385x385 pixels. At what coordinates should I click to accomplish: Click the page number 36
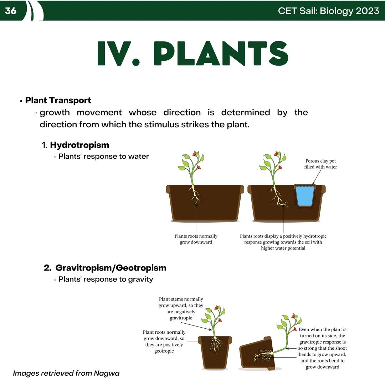pos(11,11)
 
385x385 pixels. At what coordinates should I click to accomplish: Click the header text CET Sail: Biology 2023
pos(329,11)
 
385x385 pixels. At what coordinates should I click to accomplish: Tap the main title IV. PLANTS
pos(193,53)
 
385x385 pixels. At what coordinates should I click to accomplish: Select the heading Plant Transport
pos(58,100)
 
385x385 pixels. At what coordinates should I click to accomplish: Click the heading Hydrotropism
pos(79,145)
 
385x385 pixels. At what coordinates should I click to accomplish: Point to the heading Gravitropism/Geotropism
pos(111,268)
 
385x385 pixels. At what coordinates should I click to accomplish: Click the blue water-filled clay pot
pos(305,196)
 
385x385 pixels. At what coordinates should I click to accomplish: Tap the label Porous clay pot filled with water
pos(320,164)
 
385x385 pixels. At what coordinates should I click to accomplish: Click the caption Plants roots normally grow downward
pos(196,239)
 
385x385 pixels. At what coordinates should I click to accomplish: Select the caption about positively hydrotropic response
pos(283,242)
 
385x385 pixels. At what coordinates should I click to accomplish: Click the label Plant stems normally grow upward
pos(181,308)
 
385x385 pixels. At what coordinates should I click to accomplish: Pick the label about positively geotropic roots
pos(164,341)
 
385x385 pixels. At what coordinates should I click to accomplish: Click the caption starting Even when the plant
pos(322,348)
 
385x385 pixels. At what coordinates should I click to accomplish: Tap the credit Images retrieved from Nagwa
pos(66,373)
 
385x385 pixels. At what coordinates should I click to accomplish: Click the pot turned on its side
pos(257,354)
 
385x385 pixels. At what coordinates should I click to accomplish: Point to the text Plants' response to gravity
pos(106,279)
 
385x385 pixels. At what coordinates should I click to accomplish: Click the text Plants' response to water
pos(104,156)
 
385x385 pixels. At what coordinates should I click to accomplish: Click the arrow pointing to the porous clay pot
pos(317,177)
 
